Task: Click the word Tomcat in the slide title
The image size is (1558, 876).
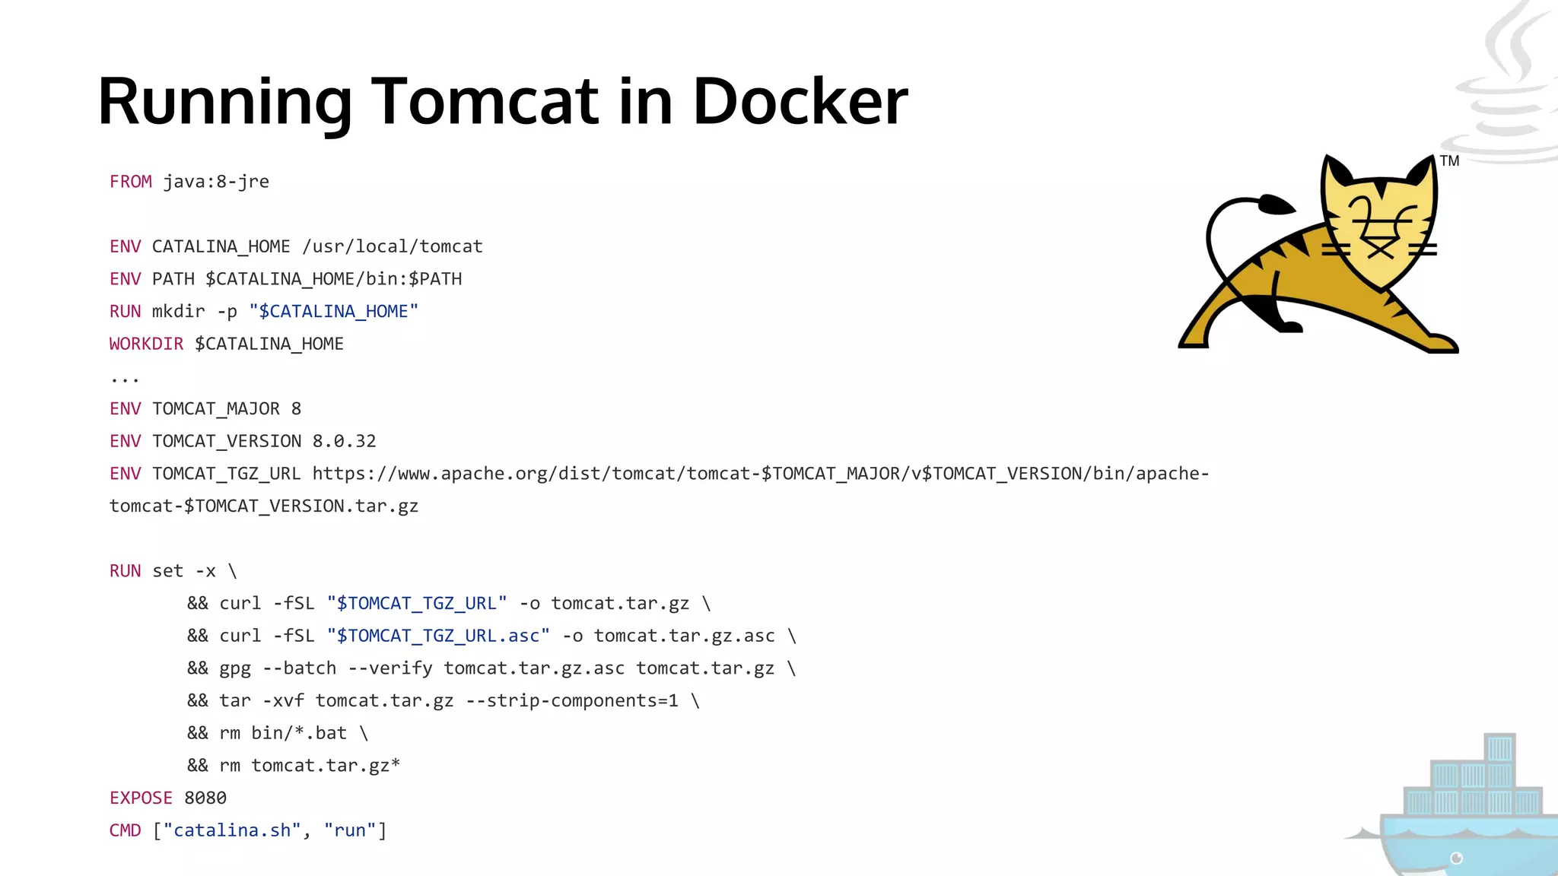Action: tap(485, 101)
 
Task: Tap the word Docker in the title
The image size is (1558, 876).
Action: tap(800, 101)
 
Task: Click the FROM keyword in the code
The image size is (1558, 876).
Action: tap(130, 182)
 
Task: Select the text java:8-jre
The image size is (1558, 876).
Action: tap(216, 182)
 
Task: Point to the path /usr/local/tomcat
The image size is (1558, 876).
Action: tap(393, 246)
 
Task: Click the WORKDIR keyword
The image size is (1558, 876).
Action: tap(146, 344)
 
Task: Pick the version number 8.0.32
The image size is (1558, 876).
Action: tap(344, 441)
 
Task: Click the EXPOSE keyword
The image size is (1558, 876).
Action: tap(141, 798)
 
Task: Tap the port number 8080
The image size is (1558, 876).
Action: tap(205, 798)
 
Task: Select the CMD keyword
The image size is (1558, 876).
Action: tap(125, 830)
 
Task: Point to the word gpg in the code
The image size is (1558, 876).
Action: tap(235, 668)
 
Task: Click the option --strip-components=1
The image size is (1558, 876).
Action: tap(571, 700)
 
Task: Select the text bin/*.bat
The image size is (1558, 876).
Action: tap(299, 733)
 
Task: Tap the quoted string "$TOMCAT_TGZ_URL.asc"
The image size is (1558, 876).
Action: tap(438, 636)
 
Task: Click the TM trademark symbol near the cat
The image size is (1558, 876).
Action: tap(1449, 161)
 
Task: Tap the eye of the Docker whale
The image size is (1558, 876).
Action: tap(1457, 859)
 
